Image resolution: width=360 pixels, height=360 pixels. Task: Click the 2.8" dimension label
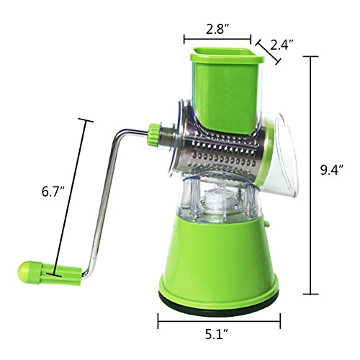click(217, 30)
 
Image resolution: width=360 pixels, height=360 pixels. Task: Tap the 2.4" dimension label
click(279, 45)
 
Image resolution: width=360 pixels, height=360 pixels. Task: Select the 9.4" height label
click(331, 171)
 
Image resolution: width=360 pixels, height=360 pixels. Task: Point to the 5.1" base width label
click(217, 334)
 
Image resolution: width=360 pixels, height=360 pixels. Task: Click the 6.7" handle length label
click(53, 192)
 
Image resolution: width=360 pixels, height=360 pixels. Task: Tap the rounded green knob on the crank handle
click(25, 273)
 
